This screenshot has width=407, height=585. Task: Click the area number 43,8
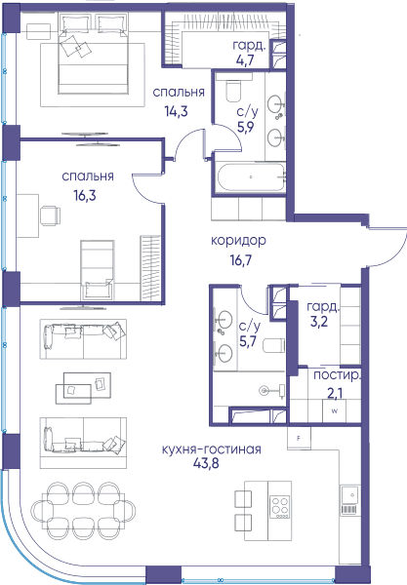[206, 463]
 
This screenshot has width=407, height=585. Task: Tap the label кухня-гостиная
[211, 448]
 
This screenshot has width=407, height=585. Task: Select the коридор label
[238, 241]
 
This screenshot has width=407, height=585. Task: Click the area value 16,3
[85, 195]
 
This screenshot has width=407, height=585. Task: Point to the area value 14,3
[176, 111]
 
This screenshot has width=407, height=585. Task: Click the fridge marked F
[299, 439]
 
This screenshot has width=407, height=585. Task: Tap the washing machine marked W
[335, 411]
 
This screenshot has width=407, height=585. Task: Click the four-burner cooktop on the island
[280, 507]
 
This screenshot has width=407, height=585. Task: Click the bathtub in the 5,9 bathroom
[251, 177]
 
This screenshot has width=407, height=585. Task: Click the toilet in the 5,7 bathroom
[273, 345]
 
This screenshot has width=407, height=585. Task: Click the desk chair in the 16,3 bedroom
[50, 215]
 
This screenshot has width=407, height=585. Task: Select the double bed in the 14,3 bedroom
[93, 54]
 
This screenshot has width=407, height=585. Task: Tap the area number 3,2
[319, 321]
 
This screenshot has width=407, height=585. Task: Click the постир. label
[337, 375]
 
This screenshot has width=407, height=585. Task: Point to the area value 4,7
[245, 59]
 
